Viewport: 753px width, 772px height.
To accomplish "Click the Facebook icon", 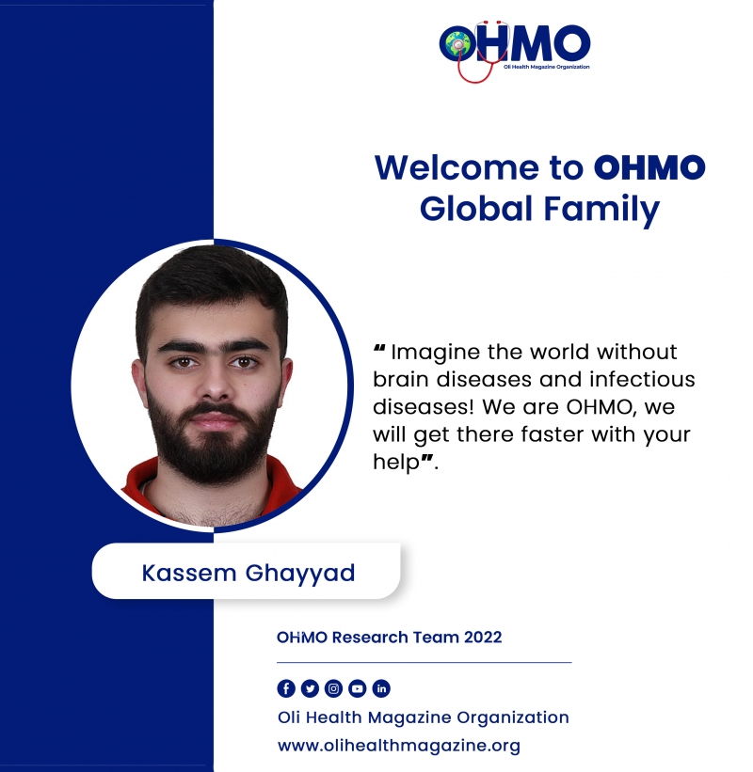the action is click(286, 688).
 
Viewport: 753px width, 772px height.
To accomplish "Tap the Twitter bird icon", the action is click(310, 688).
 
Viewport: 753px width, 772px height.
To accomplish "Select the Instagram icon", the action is click(333, 688).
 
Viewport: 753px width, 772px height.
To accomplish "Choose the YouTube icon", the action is click(358, 688).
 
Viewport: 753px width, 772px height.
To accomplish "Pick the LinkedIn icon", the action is click(381, 688).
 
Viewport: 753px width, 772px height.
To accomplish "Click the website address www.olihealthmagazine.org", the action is click(399, 746).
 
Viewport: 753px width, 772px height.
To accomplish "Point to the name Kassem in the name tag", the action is click(189, 573).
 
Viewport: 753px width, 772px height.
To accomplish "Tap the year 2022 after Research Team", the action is click(483, 638).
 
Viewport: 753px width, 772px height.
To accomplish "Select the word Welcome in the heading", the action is click(457, 167).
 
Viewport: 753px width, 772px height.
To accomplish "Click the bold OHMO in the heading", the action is click(649, 167).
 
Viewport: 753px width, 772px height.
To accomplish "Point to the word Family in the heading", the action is click(601, 210).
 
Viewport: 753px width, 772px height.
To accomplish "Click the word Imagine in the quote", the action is click(435, 353).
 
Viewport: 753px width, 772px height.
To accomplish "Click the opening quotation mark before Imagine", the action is click(379, 349).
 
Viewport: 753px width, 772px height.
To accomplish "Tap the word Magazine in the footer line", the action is click(409, 718).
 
